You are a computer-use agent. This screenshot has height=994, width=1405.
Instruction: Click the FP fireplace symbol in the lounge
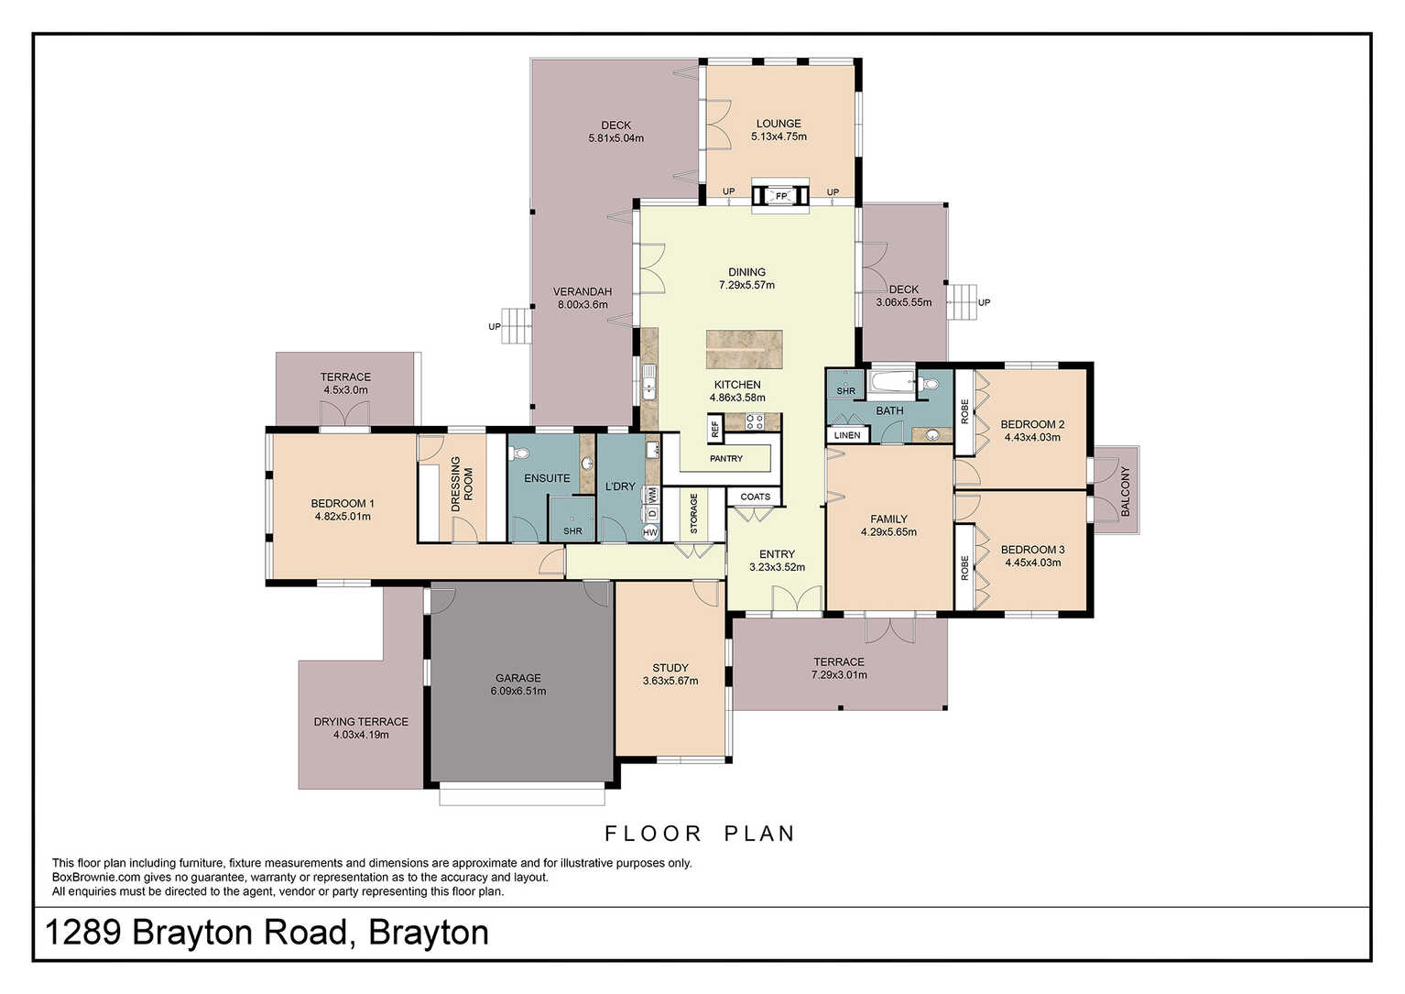(780, 196)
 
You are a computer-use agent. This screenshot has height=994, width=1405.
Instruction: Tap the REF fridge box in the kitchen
(714, 429)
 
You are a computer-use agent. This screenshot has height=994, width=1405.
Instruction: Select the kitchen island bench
(744, 350)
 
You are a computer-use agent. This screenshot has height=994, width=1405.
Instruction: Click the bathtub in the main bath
(891, 381)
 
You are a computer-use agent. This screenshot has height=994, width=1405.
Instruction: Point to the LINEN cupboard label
(847, 435)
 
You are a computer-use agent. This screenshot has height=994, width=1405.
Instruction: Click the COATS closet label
(755, 497)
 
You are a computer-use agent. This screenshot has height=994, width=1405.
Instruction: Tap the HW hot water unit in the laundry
(650, 533)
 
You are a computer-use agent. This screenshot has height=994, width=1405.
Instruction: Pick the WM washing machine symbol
(651, 495)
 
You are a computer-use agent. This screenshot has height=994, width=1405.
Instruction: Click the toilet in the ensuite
(518, 453)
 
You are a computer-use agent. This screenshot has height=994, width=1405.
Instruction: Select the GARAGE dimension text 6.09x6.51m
(518, 691)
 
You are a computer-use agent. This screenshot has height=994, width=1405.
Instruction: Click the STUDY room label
(670, 668)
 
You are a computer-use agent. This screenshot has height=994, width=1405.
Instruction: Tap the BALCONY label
(1125, 491)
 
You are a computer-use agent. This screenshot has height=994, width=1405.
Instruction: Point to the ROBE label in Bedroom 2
(964, 411)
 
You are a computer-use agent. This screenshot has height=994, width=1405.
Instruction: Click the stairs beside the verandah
(517, 326)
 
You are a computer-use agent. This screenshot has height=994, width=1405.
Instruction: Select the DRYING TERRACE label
(361, 722)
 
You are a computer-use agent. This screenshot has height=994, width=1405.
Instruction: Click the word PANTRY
(725, 459)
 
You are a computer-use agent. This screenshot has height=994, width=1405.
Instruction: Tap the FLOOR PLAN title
(700, 834)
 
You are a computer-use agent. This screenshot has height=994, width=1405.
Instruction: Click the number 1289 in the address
(82, 932)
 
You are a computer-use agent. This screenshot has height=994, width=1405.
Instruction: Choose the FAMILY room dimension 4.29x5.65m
(888, 532)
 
